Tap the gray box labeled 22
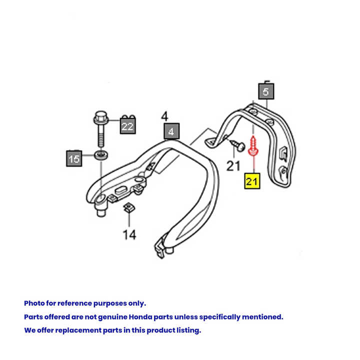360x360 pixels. (x=127, y=126)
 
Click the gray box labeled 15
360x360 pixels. (x=74, y=159)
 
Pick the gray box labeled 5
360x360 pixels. (x=266, y=92)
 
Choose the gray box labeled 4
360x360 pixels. (x=171, y=132)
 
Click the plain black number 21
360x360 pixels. (x=233, y=165)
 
